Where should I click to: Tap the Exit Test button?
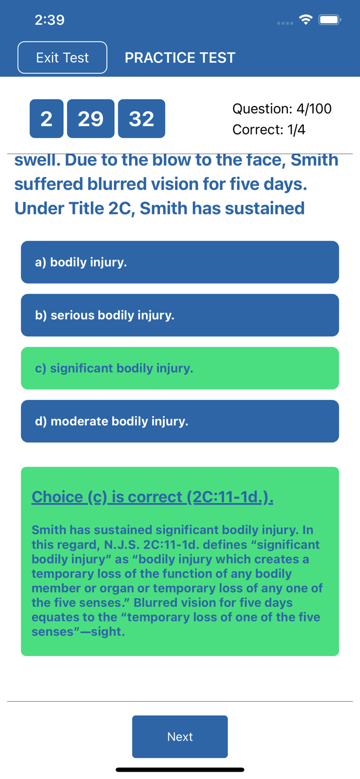click(62, 57)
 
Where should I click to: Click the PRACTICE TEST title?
click(180, 58)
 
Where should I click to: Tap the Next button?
click(180, 736)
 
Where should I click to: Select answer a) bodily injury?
click(180, 262)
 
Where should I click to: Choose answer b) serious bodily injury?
click(180, 315)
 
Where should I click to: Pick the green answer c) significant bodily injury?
click(180, 368)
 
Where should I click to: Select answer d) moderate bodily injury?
click(180, 421)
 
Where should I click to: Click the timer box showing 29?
click(91, 118)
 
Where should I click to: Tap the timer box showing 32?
click(142, 118)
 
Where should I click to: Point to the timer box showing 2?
click(47, 118)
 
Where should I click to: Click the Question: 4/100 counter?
click(282, 109)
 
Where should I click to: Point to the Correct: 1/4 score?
click(269, 130)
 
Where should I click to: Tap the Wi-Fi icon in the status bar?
click(306, 20)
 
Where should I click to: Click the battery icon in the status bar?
click(330, 20)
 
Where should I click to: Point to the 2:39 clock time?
click(49, 20)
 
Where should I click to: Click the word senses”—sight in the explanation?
click(78, 632)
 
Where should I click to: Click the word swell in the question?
click(37, 160)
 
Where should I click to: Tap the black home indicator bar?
click(180, 770)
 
